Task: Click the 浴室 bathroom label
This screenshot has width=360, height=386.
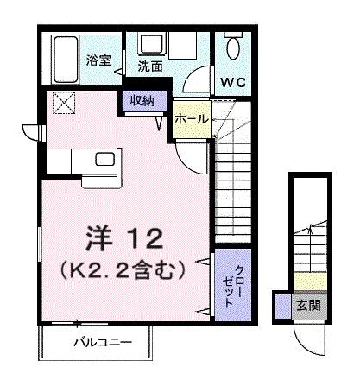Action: (97, 60)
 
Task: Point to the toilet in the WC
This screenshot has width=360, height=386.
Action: (232, 47)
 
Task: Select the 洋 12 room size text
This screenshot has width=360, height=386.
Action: (121, 235)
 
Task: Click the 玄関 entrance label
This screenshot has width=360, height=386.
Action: (308, 305)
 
